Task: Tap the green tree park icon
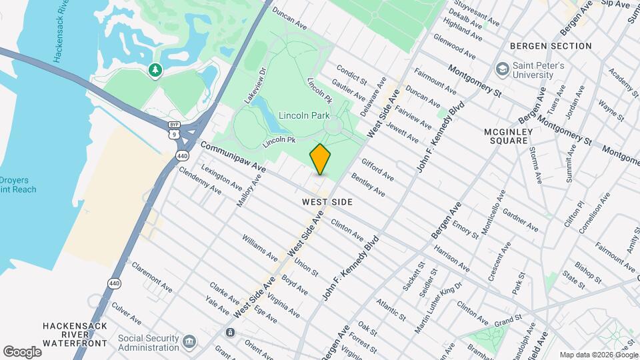click(x=155, y=69)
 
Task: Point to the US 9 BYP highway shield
click(x=174, y=129)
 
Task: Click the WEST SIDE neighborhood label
click(x=327, y=201)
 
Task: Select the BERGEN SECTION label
click(x=551, y=46)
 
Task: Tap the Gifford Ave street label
click(x=377, y=169)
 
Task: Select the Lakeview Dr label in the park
click(x=254, y=85)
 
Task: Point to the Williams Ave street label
click(x=259, y=247)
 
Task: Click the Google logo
click(x=22, y=351)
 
